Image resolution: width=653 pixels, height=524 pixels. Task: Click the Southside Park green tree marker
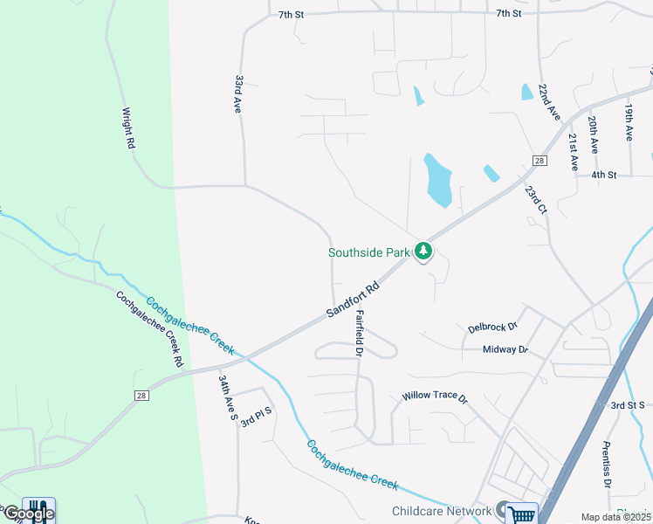click(423, 252)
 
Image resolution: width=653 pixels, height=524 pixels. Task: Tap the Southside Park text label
click(368, 252)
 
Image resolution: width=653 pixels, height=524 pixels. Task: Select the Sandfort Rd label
click(354, 300)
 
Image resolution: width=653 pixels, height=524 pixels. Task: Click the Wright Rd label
click(129, 128)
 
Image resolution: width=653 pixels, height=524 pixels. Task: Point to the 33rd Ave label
click(237, 93)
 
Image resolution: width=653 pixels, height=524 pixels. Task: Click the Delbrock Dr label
click(492, 328)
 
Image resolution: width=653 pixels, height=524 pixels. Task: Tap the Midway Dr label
click(505, 349)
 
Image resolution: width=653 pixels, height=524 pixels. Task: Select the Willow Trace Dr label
click(435, 396)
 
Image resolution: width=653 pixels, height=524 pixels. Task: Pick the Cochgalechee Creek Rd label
click(150, 328)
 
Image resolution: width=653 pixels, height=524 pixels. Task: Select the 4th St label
click(603, 175)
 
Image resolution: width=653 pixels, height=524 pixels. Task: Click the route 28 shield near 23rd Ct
click(539, 161)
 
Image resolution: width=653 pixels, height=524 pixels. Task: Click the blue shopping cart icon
click(521, 514)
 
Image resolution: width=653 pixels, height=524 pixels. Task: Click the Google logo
click(28, 514)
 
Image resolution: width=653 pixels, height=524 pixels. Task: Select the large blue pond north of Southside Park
click(437, 182)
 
